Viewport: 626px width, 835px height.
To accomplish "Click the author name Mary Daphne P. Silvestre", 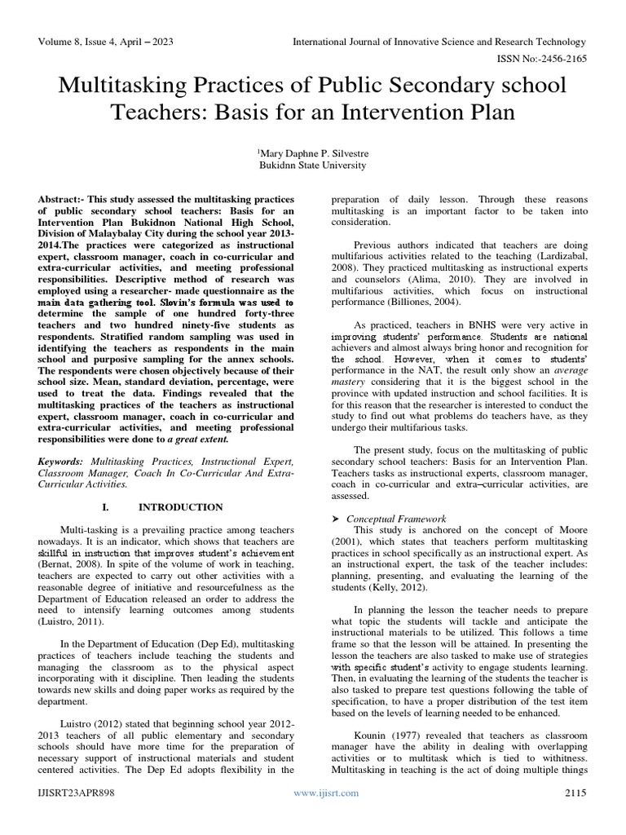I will click(x=312, y=152).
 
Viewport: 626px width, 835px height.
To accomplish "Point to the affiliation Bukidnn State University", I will click(x=312, y=165).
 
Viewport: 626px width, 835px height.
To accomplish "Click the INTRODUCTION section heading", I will click(x=181, y=506).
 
